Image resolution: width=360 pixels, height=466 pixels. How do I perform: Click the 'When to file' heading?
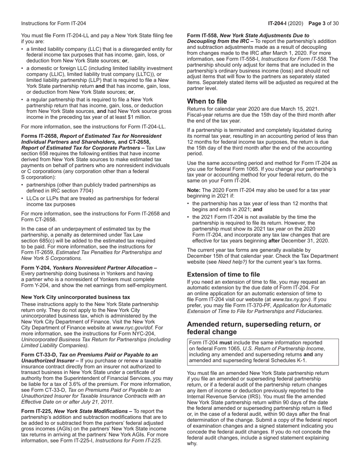click(207, 102)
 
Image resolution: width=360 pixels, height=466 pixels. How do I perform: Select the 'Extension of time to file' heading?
click(224, 275)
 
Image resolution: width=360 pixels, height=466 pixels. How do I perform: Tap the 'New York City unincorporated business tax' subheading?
click(75, 297)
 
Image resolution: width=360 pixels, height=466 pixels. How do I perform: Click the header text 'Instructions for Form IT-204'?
click(53, 23)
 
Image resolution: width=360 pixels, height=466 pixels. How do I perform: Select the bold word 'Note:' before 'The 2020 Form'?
click(194, 190)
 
